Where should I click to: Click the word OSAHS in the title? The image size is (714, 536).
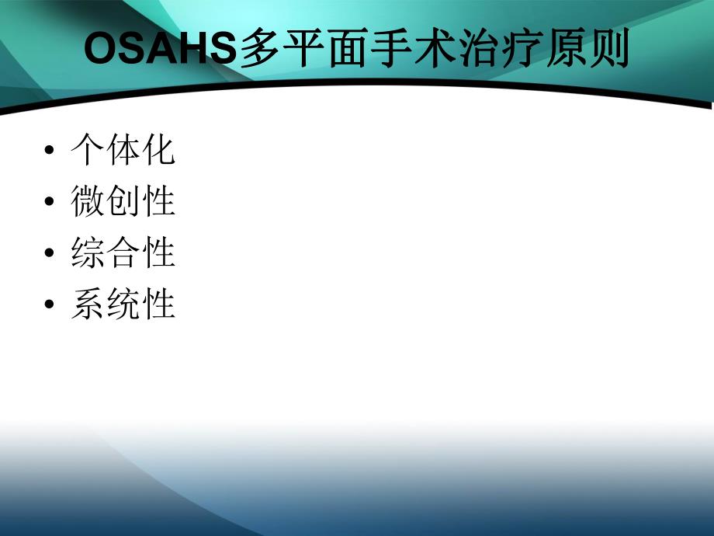pyautogui.click(x=158, y=50)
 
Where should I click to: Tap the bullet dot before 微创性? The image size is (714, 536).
pyautogui.click(x=50, y=203)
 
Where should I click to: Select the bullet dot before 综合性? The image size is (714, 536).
pyautogui.click(x=50, y=254)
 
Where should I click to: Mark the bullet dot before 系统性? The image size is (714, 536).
pyautogui.click(x=50, y=305)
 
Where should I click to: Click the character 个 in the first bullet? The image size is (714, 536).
pyautogui.click(x=88, y=149)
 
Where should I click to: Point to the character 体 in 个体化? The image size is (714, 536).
pyautogui.click(x=123, y=149)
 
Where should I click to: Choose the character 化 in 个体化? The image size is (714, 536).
pyautogui.click(x=158, y=149)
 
